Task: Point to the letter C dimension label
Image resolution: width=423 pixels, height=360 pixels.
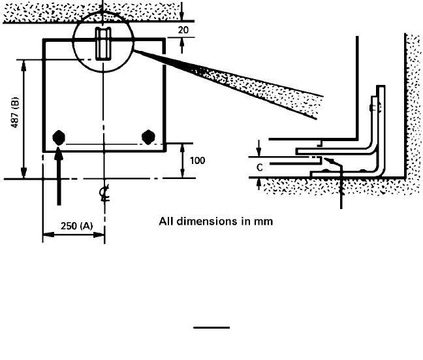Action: tap(260, 167)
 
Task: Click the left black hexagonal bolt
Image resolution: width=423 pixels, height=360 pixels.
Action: tap(59, 137)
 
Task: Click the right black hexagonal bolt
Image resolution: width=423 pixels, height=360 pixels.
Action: tap(148, 136)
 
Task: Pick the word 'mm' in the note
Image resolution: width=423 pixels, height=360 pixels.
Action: tap(264, 221)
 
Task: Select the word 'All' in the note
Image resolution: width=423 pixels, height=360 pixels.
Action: tap(166, 221)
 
